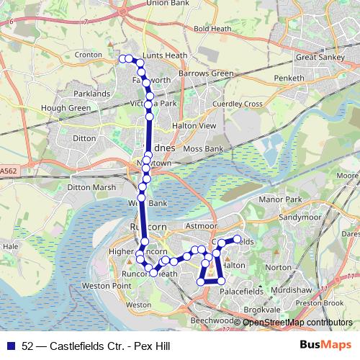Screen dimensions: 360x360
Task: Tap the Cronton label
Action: [88, 54]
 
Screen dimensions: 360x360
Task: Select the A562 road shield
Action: [9, 171]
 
